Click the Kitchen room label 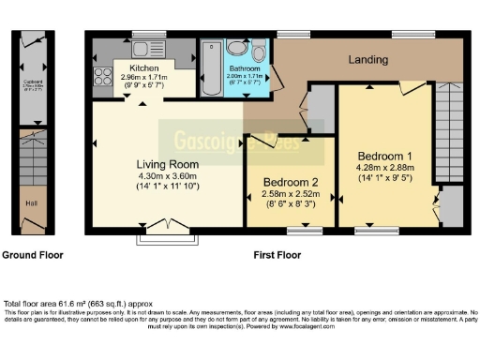pos(144,68)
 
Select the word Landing pos(367,60)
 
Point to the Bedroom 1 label pos(384,155)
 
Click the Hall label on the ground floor pos(30,202)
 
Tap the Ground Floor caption pos(32,255)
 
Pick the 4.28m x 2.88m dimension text pos(384,167)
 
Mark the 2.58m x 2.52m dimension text pos(289,195)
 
